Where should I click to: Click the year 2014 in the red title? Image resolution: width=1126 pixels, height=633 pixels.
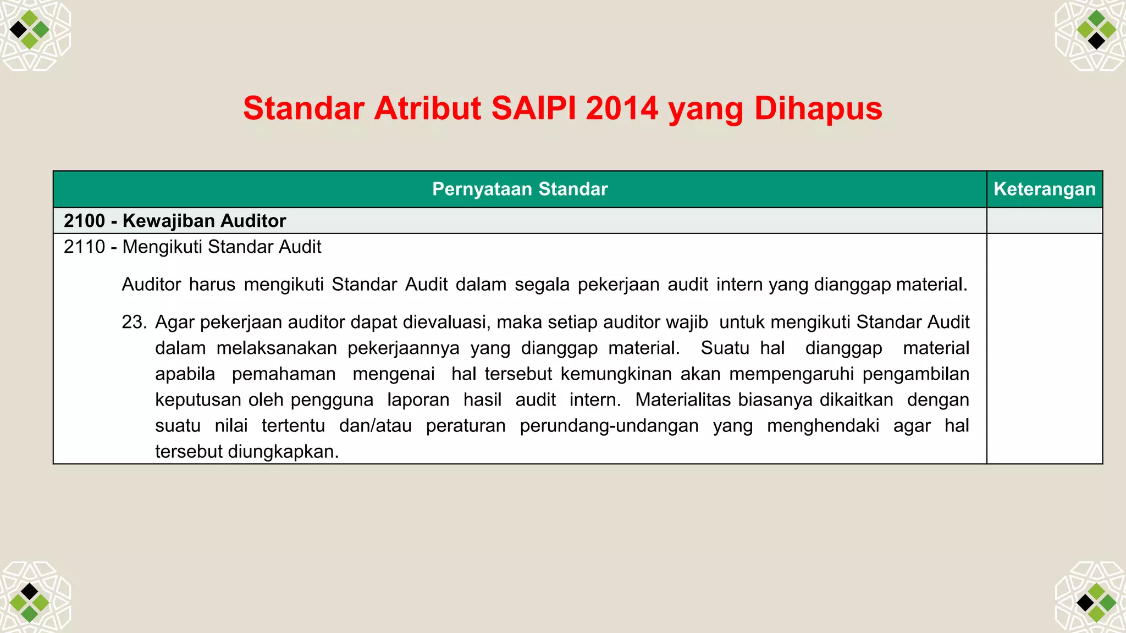click(x=622, y=108)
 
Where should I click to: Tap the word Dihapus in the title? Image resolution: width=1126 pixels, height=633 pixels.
click(x=818, y=108)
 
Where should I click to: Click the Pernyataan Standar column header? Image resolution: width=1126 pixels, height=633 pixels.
click(x=520, y=189)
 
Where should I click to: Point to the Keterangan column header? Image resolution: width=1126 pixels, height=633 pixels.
click(x=1044, y=189)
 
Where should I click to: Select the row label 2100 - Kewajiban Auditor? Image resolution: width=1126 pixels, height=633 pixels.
click(x=175, y=221)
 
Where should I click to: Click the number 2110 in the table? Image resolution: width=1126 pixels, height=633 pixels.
click(x=84, y=247)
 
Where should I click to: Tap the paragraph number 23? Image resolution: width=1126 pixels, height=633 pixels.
click(x=134, y=322)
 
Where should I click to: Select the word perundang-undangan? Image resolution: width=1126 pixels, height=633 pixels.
click(x=609, y=426)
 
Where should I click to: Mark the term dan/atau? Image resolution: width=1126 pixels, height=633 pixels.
click(x=375, y=426)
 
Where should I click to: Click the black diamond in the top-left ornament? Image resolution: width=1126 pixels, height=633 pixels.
click(x=18, y=29)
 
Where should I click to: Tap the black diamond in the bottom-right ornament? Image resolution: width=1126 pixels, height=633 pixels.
click(x=1085, y=603)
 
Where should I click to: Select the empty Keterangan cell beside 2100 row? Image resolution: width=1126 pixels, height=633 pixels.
click(x=1044, y=221)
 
